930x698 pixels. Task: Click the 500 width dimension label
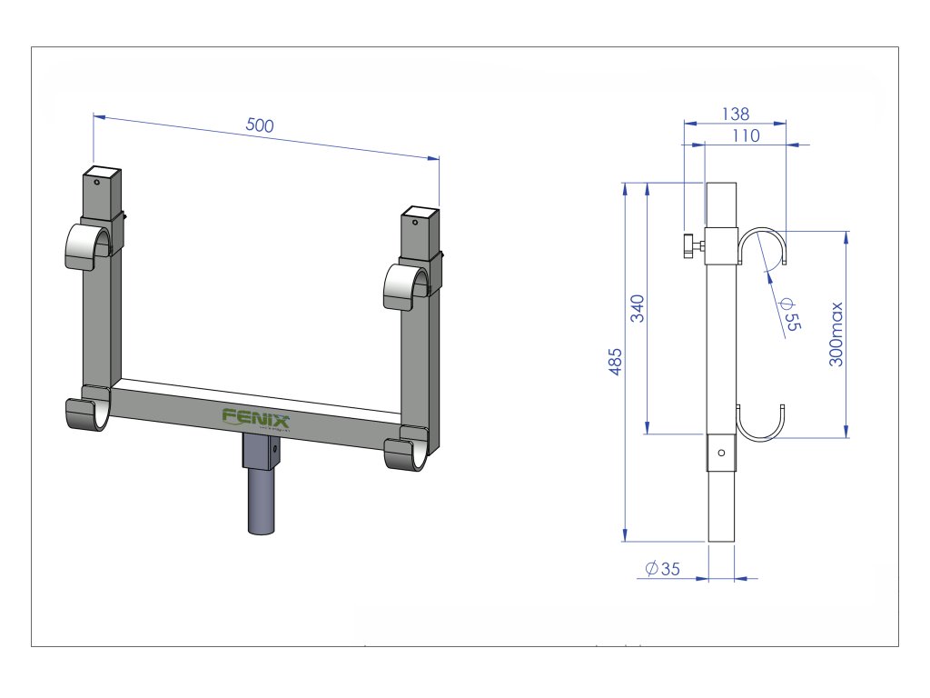[x=260, y=125]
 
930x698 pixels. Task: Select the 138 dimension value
[x=736, y=114]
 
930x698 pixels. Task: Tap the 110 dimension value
[x=746, y=136]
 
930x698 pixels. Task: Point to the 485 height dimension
[x=615, y=362]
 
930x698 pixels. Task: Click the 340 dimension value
[x=637, y=308]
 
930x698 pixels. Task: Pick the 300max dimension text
[x=836, y=334]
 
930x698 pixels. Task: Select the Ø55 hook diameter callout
[x=791, y=314]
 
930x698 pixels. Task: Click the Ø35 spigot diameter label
[x=662, y=569]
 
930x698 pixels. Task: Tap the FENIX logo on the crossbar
[x=256, y=418]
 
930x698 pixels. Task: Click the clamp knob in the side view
[x=693, y=245]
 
